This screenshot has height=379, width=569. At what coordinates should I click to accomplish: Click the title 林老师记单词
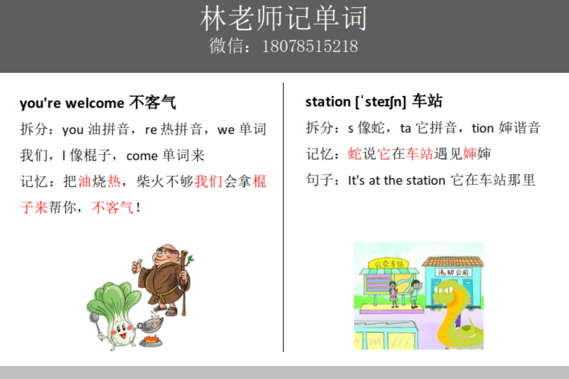pos(284,19)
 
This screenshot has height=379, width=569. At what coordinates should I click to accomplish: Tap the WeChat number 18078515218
pos(309,46)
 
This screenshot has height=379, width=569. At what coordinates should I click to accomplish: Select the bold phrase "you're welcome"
pos(72,103)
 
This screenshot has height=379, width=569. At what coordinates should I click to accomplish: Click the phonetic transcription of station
pos(380,102)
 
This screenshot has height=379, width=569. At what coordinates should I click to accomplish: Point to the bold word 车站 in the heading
pos(427,102)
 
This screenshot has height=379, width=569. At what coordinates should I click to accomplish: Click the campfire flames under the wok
pos(150,340)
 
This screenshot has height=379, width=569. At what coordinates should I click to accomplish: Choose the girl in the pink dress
pos(393,293)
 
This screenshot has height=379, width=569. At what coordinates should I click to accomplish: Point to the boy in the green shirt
pos(414,293)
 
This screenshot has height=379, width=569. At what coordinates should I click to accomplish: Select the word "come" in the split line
pos(142,156)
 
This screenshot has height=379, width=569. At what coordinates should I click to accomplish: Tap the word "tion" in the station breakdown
pos(482,128)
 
